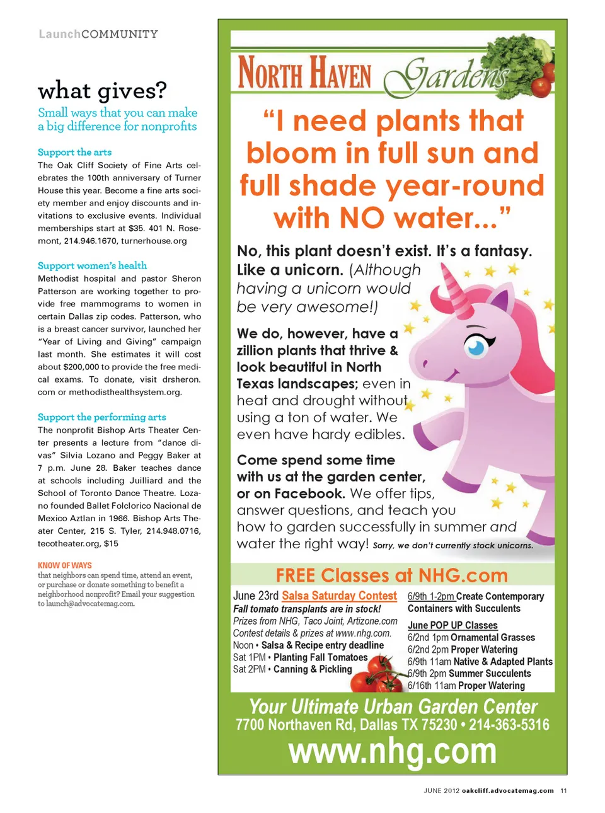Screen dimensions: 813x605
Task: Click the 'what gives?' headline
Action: pyautogui.click(x=102, y=91)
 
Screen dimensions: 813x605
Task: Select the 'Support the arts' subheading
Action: pyautogui.click(x=74, y=153)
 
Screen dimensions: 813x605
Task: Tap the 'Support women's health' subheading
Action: pyautogui.click(x=92, y=266)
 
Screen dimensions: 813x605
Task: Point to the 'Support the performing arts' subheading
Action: pyautogui.click(x=101, y=417)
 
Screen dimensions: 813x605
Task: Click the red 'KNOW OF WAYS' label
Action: pyautogui.click(x=64, y=565)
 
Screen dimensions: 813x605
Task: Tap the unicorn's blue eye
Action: pyautogui.click(x=476, y=346)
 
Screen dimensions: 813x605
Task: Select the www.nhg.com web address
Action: pyautogui.click(x=392, y=751)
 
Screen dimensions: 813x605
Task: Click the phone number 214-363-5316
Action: pyautogui.click(x=509, y=725)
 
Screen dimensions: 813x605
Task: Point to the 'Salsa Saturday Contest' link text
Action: pyautogui.click(x=339, y=596)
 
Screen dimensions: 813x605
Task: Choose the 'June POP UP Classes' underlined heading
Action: pyautogui.click(x=452, y=625)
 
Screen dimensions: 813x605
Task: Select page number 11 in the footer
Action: pyautogui.click(x=563, y=790)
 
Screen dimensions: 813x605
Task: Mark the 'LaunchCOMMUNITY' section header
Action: pyautogui.click(x=98, y=34)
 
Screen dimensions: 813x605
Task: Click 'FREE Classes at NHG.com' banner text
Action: pyautogui.click(x=391, y=575)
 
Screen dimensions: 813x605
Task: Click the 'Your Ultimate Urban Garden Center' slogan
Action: pyautogui.click(x=393, y=706)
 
